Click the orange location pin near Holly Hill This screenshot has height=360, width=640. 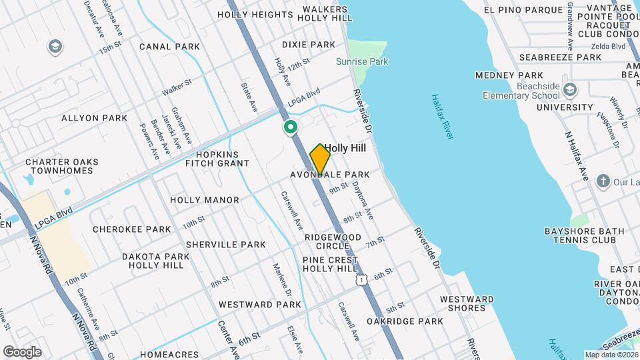(x=320, y=159)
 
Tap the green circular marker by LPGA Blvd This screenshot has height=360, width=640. (x=290, y=127)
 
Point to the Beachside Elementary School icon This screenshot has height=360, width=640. (x=570, y=89)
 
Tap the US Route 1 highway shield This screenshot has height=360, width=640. (x=361, y=281)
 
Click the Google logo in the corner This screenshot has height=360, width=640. (x=22, y=351)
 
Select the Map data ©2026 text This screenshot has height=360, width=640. (x=610, y=355)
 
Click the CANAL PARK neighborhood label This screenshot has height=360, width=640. (x=169, y=47)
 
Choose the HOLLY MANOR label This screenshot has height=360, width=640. (x=204, y=200)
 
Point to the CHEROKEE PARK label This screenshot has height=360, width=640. (x=131, y=229)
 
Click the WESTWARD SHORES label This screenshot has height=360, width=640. (x=467, y=303)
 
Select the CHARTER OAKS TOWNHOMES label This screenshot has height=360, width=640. (x=62, y=167)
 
